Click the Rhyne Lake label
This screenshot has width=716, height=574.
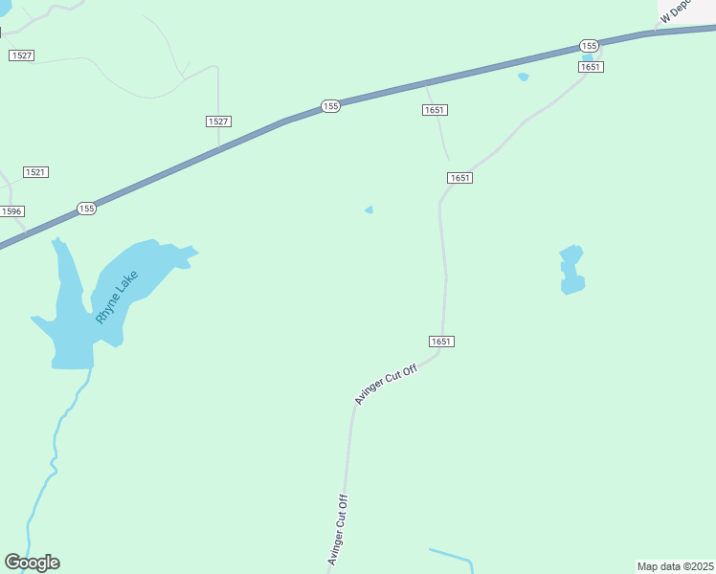(x=118, y=298)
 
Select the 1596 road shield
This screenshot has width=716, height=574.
(x=11, y=211)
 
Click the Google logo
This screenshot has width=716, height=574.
(x=32, y=563)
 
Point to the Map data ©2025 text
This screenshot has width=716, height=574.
(x=676, y=566)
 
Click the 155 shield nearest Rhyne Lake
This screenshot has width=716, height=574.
(x=87, y=209)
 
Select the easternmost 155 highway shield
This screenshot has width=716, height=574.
(x=590, y=46)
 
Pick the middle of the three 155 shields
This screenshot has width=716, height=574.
(x=330, y=106)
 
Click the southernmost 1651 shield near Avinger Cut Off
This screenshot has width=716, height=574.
(x=441, y=342)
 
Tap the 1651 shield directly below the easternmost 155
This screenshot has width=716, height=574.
(x=591, y=66)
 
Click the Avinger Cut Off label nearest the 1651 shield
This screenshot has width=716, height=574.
(x=387, y=384)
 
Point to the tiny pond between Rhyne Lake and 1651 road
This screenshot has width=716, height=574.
(x=369, y=210)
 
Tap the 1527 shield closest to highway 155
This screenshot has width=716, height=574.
(x=218, y=121)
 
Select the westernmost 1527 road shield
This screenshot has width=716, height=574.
(x=21, y=55)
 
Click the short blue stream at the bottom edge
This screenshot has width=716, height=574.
(x=453, y=556)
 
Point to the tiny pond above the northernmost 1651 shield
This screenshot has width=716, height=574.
(x=523, y=77)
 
